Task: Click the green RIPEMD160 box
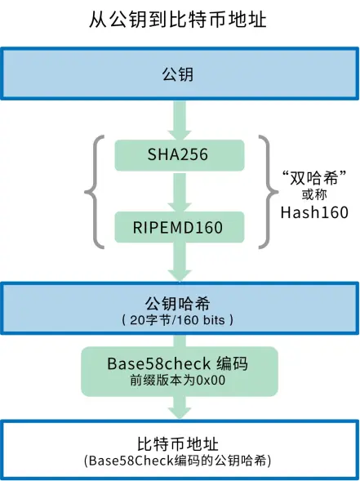click(179, 226)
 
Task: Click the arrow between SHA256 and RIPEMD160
click(179, 190)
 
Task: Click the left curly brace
click(93, 191)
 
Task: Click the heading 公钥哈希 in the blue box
click(179, 301)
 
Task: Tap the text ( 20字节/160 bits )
click(179, 318)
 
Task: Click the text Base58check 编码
click(179, 363)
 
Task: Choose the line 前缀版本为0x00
click(179, 381)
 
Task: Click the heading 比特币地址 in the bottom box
click(179, 443)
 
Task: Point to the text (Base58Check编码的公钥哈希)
click(179, 461)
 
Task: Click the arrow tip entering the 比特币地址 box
click(179, 414)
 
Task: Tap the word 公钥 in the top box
click(179, 76)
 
